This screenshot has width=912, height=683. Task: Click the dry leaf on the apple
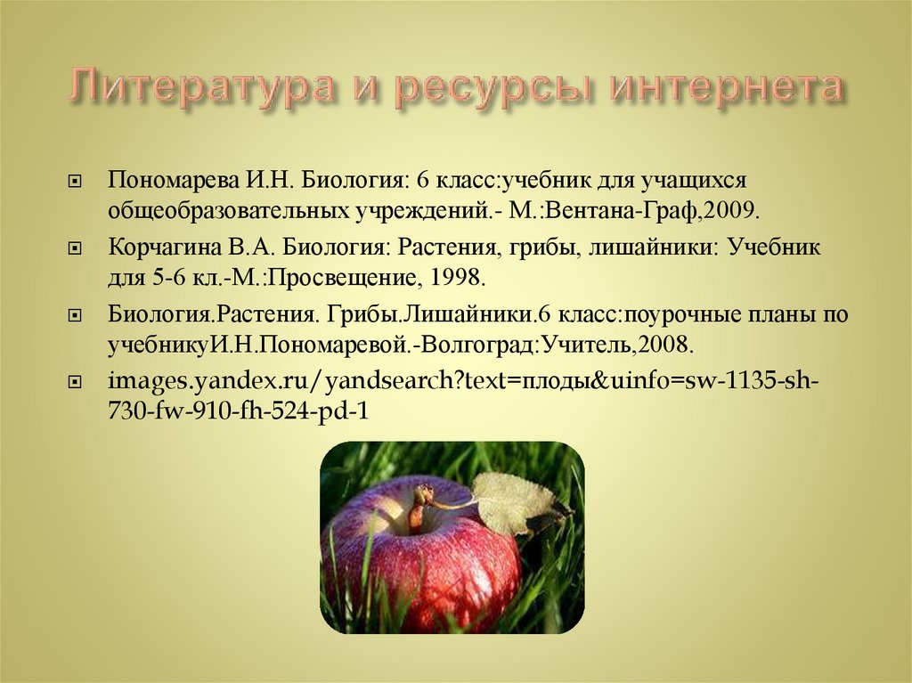tap(514, 501)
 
